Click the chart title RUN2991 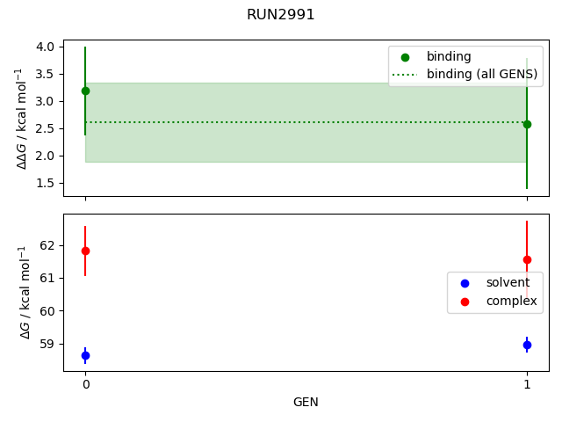click(x=280, y=15)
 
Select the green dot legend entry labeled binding click(x=449, y=56)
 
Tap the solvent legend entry click(x=508, y=282)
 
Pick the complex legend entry click(x=511, y=301)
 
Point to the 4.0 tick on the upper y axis click(x=46, y=47)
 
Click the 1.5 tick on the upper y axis click(x=46, y=183)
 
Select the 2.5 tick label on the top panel click(x=46, y=128)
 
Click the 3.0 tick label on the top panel click(x=46, y=101)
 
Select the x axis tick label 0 click(x=85, y=384)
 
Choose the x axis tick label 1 click(x=527, y=384)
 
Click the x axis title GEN click(x=306, y=402)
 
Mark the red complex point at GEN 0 click(x=85, y=251)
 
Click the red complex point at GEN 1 click(x=527, y=259)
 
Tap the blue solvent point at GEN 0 click(x=85, y=355)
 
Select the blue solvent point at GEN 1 click(x=527, y=345)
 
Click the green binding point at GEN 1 click(x=527, y=124)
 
